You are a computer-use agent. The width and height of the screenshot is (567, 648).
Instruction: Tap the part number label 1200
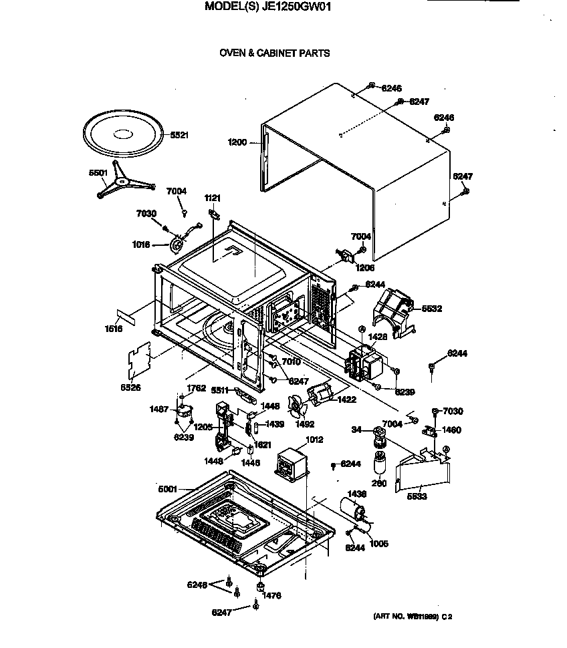(x=237, y=142)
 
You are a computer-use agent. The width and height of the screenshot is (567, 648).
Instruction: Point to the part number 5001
(x=168, y=489)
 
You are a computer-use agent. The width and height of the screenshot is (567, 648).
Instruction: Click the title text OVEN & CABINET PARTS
(x=275, y=53)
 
